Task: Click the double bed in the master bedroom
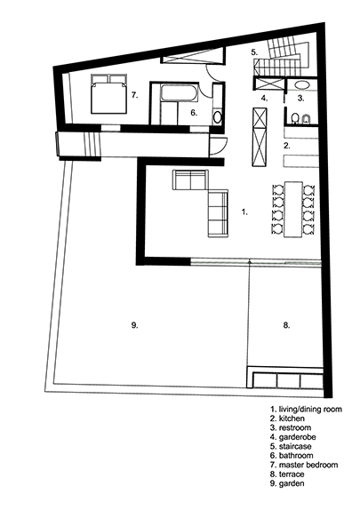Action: [108, 94]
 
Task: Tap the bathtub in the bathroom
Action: [180, 92]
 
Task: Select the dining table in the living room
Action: [293, 210]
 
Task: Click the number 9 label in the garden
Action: [134, 325]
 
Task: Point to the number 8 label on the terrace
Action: [286, 325]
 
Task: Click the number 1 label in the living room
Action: [244, 212]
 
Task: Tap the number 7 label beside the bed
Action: [135, 95]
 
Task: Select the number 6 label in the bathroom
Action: [194, 113]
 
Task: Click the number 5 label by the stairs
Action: [254, 52]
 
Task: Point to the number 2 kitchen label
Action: [287, 146]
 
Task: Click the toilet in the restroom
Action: [295, 118]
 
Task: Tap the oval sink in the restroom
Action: [303, 85]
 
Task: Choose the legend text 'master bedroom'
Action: [308, 465]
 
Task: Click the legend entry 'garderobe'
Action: [297, 437]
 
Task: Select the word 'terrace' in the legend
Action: [292, 474]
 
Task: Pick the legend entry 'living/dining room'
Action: [310, 409]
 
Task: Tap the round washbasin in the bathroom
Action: [218, 116]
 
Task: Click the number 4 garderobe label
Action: [264, 98]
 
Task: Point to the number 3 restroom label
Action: [301, 98]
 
